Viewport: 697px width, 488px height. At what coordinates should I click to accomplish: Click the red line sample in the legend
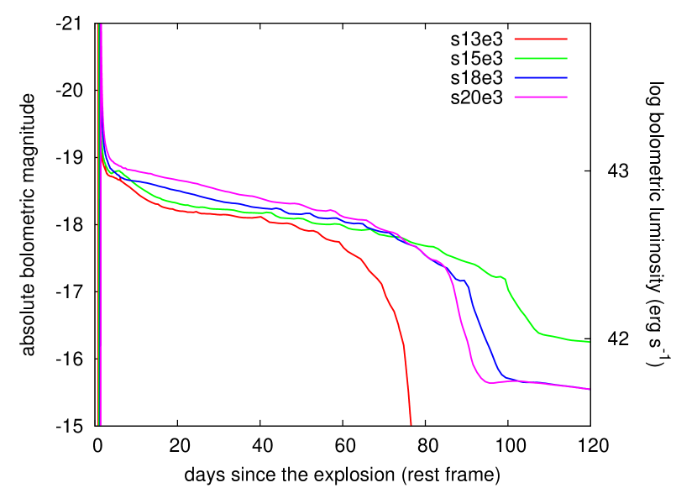point(540,39)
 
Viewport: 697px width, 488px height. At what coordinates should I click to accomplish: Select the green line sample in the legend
point(540,58)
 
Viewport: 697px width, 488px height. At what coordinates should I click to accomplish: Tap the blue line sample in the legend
point(540,77)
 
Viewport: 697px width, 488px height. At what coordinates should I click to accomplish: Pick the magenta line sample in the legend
point(540,97)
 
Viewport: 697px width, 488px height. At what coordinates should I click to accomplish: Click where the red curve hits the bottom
point(411,423)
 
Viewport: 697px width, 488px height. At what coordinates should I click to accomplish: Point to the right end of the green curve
point(590,342)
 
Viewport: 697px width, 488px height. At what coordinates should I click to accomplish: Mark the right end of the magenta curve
point(590,389)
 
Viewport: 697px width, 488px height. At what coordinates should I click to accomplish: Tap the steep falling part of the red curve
point(405,353)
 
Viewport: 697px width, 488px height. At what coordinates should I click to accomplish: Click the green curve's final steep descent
point(521,311)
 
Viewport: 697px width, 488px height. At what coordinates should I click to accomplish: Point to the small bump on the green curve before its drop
point(500,275)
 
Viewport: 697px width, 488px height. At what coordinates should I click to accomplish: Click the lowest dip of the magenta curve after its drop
point(488,383)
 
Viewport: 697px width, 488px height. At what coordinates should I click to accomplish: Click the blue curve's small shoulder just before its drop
point(461,281)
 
